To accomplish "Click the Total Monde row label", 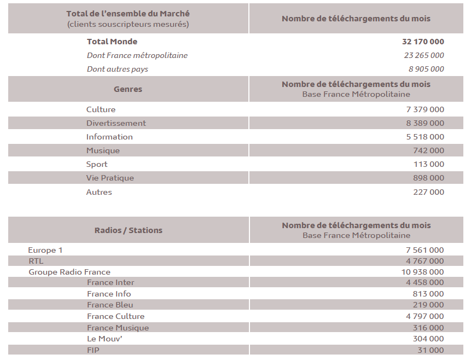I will (x=112, y=42).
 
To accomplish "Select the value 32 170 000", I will (x=422, y=42).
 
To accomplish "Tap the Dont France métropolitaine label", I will (x=137, y=55).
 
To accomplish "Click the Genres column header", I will (x=127, y=89).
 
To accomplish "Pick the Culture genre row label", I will (x=101, y=109).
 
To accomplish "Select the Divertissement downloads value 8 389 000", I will (x=425, y=123).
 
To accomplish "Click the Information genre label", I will (x=109, y=137).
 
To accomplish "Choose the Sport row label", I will (x=97, y=164).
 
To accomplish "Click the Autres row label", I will (x=99, y=192).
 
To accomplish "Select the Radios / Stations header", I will (x=128, y=230).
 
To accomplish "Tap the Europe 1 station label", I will (x=45, y=250).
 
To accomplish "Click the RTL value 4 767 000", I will (x=425, y=261).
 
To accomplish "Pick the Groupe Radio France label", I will (x=69, y=272).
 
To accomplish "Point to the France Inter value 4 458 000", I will (x=425, y=282).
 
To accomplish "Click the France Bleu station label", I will (x=110, y=305).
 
